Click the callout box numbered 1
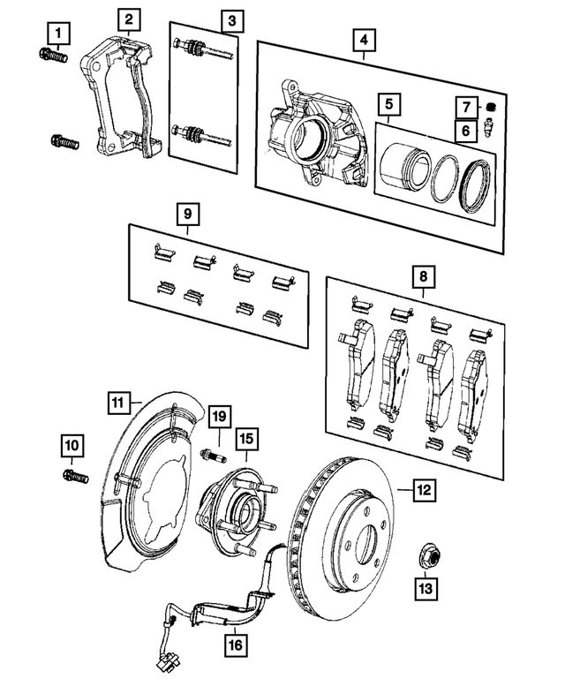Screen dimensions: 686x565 click(58, 34)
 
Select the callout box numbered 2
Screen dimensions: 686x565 click(129, 19)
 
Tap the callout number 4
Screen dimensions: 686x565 click(363, 40)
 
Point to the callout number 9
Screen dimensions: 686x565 click(187, 214)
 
